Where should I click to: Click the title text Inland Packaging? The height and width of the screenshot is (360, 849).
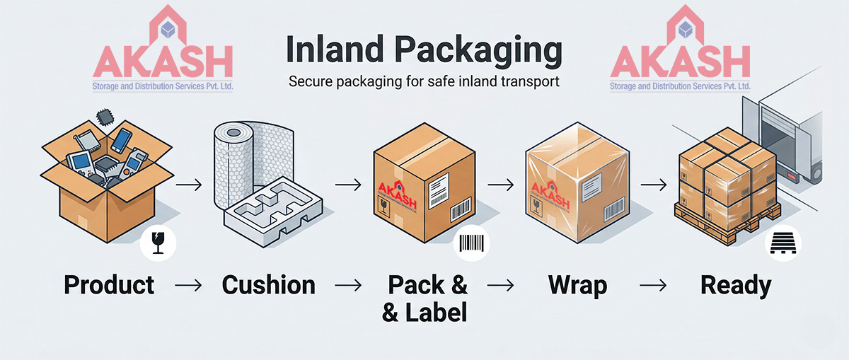(x=424, y=50)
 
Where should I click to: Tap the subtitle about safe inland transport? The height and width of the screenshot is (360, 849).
(x=424, y=81)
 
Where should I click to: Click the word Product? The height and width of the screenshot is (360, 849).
(x=109, y=285)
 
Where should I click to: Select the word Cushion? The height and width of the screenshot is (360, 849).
(x=268, y=285)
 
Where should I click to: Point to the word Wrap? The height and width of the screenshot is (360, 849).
(x=577, y=285)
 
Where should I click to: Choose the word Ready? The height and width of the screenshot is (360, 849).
(x=736, y=285)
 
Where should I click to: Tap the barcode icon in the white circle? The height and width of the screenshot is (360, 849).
(x=470, y=245)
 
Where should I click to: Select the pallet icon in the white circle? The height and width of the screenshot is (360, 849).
(x=778, y=245)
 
